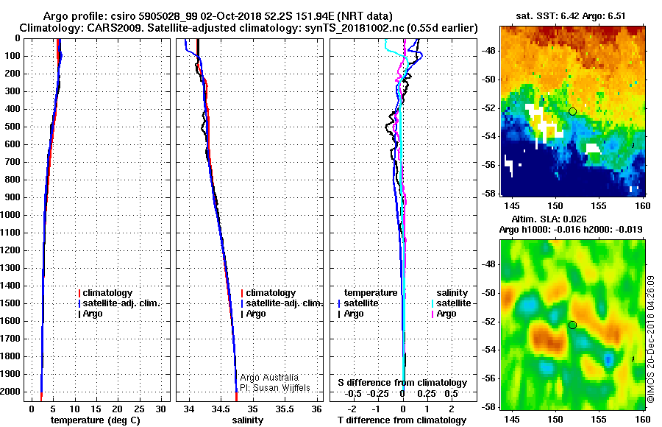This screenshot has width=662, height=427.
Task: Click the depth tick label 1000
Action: click(13, 215)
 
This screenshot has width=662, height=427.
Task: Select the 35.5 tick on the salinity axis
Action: click(284, 408)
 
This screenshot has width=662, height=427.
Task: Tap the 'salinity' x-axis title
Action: click(249, 420)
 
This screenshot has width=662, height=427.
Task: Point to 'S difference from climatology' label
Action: click(402, 383)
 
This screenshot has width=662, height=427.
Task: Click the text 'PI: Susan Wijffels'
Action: click(275, 387)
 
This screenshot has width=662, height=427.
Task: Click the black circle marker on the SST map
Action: click(572, 111)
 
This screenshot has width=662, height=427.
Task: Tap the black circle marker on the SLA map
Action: click(572, 325)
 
